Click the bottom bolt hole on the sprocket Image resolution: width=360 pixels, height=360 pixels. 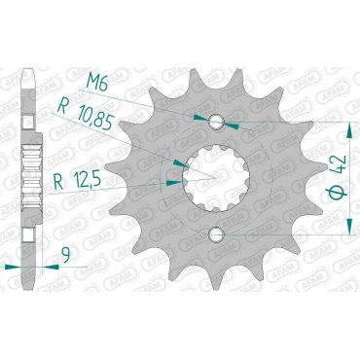[x=215, y=234]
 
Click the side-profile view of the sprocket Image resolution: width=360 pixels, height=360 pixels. [x=31, y=175]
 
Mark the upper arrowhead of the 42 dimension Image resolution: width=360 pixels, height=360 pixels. [x=348, y=127]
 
